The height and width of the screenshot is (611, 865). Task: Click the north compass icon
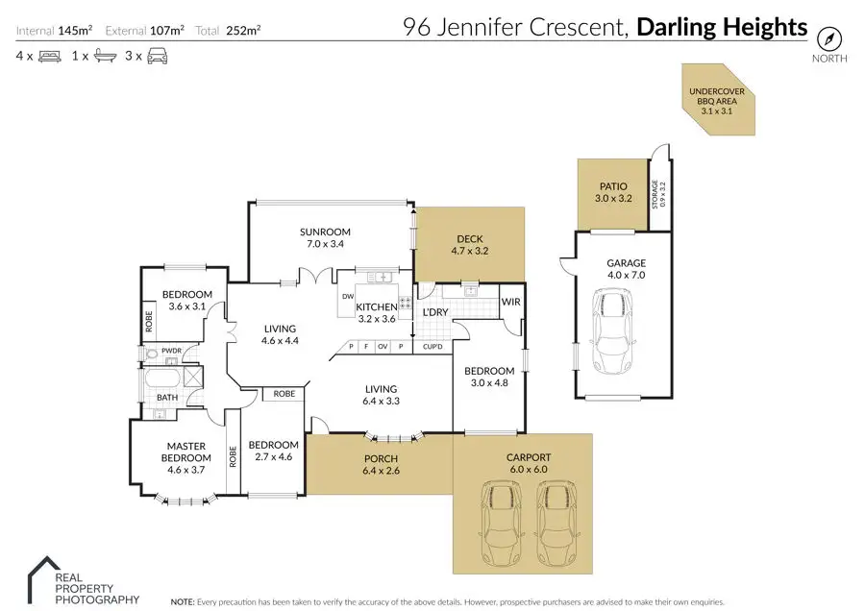[829, 38]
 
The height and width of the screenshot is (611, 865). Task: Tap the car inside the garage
[612, 330]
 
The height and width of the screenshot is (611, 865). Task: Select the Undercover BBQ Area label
[717, 101]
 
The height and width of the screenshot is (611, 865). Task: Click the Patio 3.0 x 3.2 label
[613, 192]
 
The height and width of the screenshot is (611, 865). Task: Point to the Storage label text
[658, 195]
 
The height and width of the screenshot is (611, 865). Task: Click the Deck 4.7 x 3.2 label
[470, 245]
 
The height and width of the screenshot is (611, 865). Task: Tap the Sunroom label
[325, 232]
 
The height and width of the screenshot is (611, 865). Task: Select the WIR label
[511, 303]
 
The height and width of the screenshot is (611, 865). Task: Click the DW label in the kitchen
[348, 297]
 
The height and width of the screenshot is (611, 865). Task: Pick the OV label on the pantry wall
[383, 347]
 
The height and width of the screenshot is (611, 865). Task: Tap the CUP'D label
[432, 347]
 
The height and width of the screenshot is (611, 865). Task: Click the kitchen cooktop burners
[406, 303]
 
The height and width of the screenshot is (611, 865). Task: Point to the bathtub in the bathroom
[162, 379]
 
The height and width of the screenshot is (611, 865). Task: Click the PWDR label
[171, 351]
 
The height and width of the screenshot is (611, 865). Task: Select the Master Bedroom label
[185, 452]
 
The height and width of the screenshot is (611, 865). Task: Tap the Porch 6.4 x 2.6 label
[381, 465]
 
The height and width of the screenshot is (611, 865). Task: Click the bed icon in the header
[50, 57]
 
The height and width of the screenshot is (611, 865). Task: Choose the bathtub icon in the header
[106, 56]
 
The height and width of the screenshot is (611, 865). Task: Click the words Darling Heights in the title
[722, 28]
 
